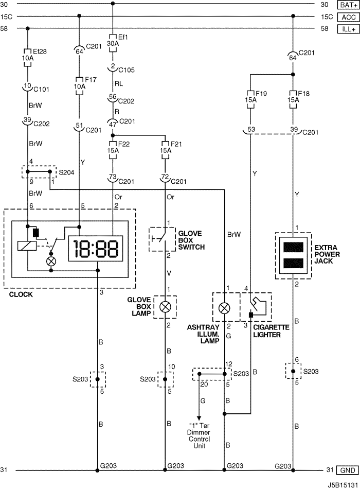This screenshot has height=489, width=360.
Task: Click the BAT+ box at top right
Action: click(x=348, y=5)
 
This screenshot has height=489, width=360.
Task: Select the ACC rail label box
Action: click(x=348, y=17)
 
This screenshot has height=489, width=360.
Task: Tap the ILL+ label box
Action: click(x=348, y=29)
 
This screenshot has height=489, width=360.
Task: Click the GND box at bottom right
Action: click(x=348, y=470)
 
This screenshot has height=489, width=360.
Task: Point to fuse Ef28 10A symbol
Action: click(x=27, y=58)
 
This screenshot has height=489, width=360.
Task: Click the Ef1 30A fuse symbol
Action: click(x=113, y=43)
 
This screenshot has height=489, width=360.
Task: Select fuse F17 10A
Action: click(x=79, y=86)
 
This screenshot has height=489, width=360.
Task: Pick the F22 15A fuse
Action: click(x=113, y=150)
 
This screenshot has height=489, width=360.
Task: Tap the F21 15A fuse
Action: click(x=165, y=150)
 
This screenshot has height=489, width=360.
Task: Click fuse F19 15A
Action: click(x=250, y=100)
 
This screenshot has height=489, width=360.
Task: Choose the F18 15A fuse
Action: click(x=293, y=100)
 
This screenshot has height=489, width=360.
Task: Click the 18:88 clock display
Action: click(x=95, y=249)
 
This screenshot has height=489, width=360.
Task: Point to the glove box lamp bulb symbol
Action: click(x=165, y=307)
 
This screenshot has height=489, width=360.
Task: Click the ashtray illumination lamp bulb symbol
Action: click(x=224, y=308)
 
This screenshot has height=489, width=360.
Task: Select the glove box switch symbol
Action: click(x=162, y=239)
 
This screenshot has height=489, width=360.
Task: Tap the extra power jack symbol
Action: click(x=293, y=255)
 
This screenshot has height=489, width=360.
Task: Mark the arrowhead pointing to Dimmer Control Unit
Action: click(x=199, y=418)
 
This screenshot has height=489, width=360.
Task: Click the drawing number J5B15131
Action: click(x=343, y=485)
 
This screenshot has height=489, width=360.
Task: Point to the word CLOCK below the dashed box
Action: click(x=21, y=294)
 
